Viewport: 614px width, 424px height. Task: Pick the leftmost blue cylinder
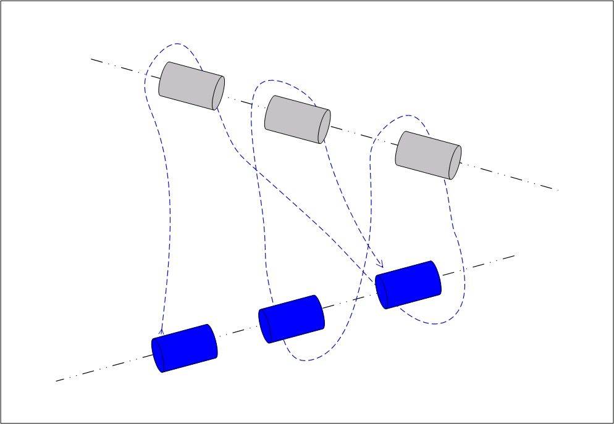185,348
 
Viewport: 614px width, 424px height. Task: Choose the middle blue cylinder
291,318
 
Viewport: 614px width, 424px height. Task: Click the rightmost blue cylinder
408,285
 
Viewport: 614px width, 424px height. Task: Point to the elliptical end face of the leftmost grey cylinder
218,93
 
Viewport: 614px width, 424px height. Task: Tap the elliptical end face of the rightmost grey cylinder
455,162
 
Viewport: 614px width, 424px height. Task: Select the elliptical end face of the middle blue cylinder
264,325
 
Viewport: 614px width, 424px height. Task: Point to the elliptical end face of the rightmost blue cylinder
382,291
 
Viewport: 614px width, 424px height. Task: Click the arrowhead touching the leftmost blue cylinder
162,331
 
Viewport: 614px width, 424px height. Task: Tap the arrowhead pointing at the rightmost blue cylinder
381,265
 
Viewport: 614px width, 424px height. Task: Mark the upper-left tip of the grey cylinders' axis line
91,59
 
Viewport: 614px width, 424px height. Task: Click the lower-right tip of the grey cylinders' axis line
558,190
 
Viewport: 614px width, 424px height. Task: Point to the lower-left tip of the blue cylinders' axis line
56,381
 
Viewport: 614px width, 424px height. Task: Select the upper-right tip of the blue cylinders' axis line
515,255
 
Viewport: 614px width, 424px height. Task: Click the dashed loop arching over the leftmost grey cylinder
177,44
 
